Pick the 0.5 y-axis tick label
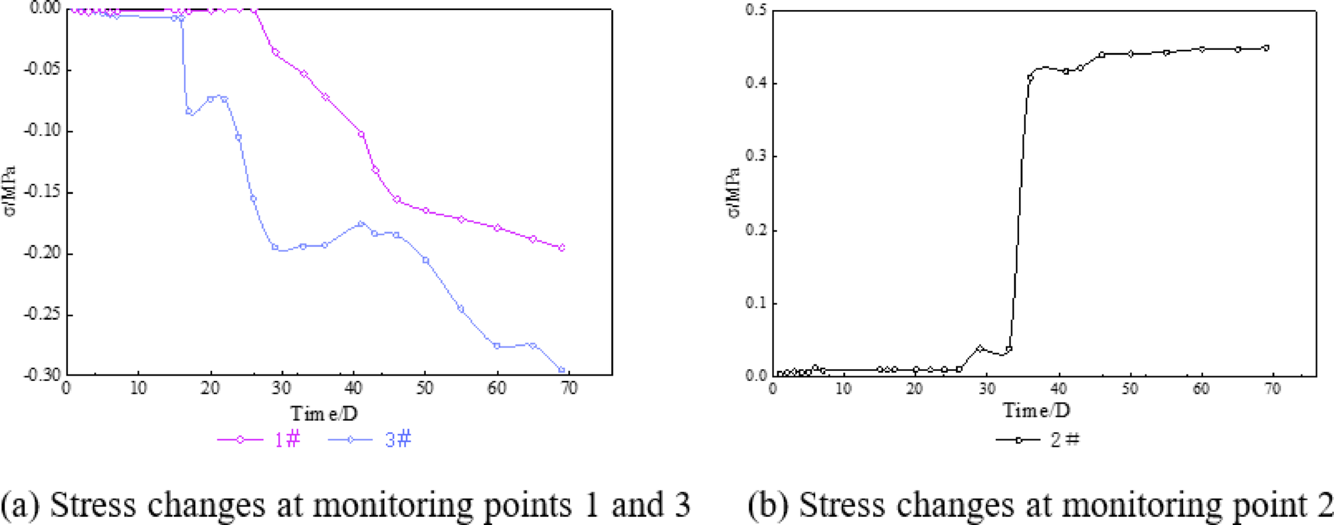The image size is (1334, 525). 756,11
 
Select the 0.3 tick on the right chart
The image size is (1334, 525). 756,156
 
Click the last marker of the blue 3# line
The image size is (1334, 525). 562,370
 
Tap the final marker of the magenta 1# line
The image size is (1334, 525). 562,248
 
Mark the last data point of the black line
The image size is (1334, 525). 1266,48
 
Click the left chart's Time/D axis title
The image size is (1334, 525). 324,413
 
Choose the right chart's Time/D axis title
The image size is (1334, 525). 1036,411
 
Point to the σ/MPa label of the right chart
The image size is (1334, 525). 733,192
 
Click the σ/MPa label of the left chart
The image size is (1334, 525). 9,192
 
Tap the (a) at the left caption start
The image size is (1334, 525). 20,505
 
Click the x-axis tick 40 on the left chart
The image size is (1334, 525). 353,388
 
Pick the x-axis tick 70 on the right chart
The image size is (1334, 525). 1272,389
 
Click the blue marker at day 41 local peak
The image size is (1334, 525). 361,224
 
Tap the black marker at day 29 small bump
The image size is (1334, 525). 980,348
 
